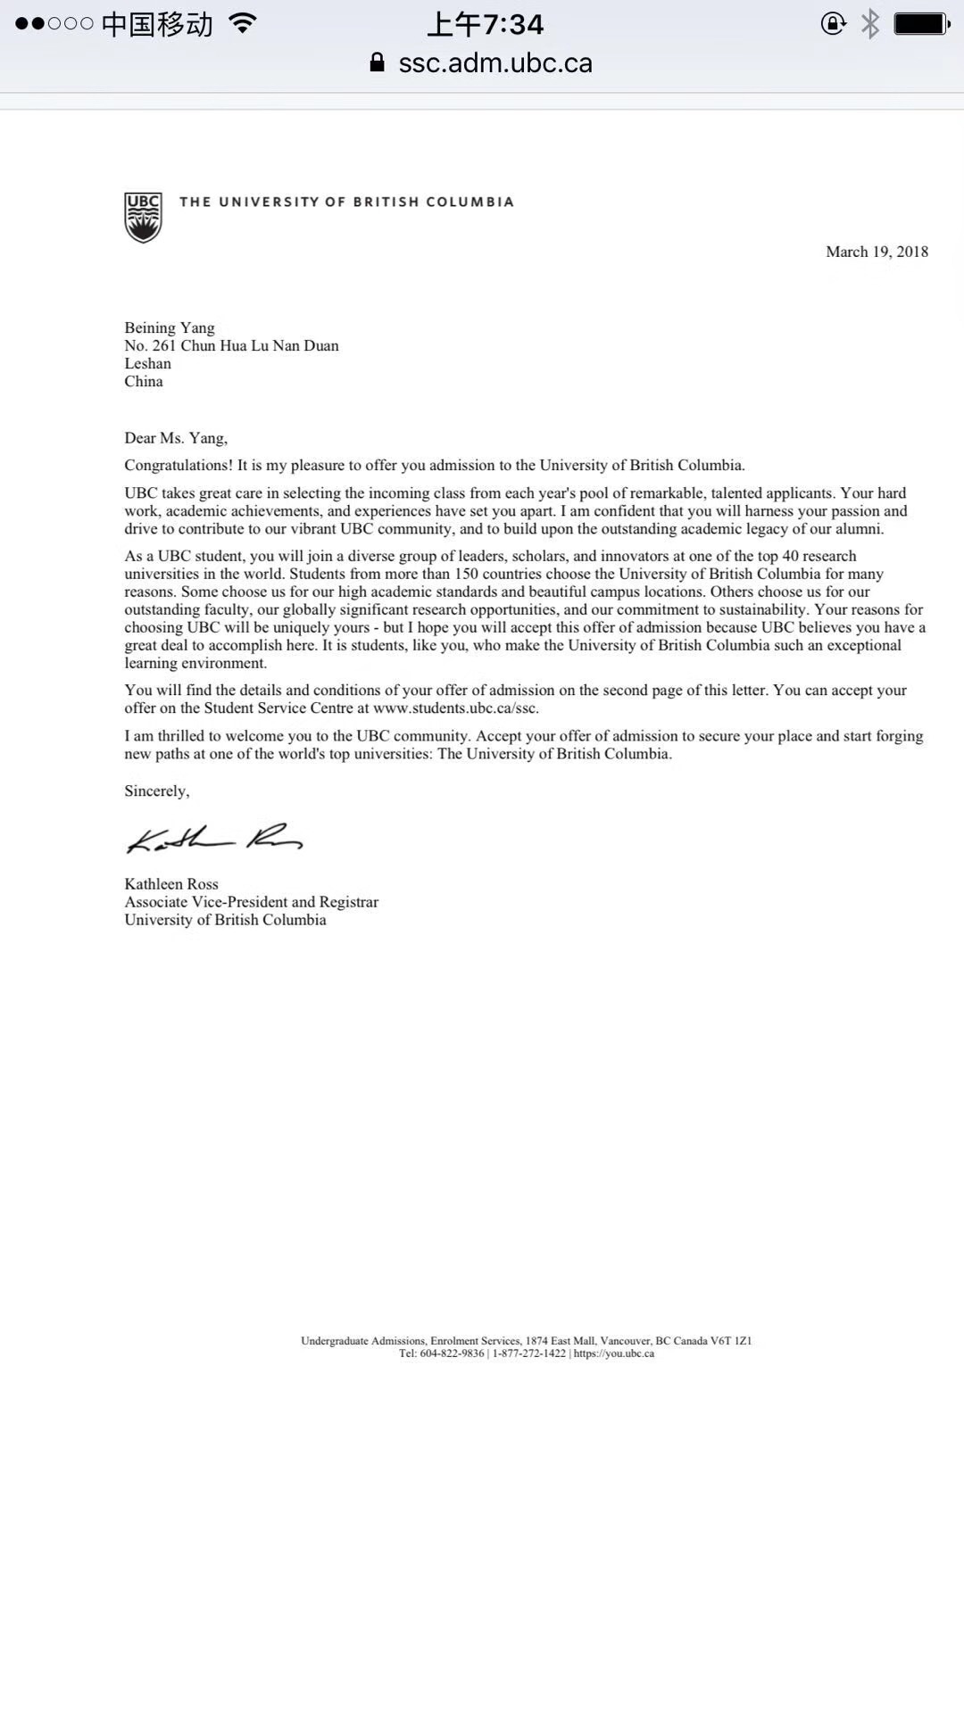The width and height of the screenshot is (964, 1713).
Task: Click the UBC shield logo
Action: click(143, 217)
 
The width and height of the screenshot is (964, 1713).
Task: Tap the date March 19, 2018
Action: click(877, 252)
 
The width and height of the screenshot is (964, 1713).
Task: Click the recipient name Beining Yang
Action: click(170, 327)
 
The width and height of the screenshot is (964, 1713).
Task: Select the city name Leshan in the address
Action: click(147, 363)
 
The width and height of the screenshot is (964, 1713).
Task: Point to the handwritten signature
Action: click(214, 839)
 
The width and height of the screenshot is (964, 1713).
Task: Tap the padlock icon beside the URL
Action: click(378, 62)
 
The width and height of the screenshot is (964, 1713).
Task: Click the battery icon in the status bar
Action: click(921, 24)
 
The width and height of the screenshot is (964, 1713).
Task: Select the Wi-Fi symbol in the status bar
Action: click(242, 23)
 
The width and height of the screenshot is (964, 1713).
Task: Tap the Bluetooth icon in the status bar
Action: click(869, 24)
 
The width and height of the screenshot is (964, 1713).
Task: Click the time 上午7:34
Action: click(486, 24)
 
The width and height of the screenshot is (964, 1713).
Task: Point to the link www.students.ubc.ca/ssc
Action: click(455, 708)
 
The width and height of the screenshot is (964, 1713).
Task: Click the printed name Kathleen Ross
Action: click(171, 884)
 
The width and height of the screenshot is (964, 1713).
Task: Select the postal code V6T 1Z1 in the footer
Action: click(731, 1341)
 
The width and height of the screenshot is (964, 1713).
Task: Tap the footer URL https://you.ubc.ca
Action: click(614, 1353)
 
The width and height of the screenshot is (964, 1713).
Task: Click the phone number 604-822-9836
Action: click(452, 1353)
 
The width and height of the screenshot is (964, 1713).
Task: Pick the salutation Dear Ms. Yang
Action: click(176, 438)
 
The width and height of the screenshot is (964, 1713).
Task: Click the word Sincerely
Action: click(156, 791)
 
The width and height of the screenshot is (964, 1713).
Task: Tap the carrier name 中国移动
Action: click(157, 24)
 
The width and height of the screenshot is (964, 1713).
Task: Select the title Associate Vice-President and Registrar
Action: click(252, 902)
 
